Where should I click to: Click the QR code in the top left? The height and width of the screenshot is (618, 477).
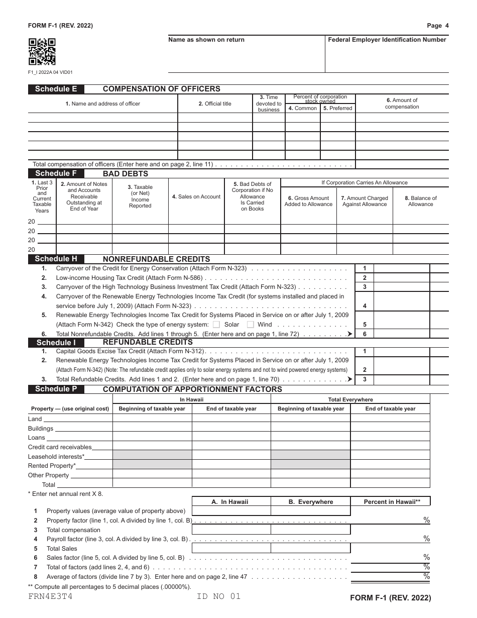point(42,52)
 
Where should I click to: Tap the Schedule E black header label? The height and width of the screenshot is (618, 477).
point(56,89)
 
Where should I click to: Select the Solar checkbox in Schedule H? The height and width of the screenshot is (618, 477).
point(216,325)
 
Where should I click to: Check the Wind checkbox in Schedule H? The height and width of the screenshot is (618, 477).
point(250,325)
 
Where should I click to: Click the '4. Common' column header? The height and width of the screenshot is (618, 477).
point(302,108)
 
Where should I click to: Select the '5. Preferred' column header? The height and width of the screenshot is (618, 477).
point(337,108)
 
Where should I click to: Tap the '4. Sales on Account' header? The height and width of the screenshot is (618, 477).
point(196,196)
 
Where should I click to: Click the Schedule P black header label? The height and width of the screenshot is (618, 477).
point(56,389)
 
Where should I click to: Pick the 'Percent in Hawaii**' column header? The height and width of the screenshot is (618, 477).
point(390,501)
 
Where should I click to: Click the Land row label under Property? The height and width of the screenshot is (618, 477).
point(35,419)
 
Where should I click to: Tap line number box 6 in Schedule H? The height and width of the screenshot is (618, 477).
point(365,334)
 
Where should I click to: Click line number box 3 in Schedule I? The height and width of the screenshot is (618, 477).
point(365,379)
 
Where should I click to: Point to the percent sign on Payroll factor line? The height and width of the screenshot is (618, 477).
point(426,539)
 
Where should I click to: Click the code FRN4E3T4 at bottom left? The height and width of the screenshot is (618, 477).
point(50,596)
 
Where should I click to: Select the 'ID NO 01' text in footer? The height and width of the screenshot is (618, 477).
point(219,596)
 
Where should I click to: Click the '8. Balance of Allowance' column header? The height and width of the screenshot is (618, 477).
point(420,201)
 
